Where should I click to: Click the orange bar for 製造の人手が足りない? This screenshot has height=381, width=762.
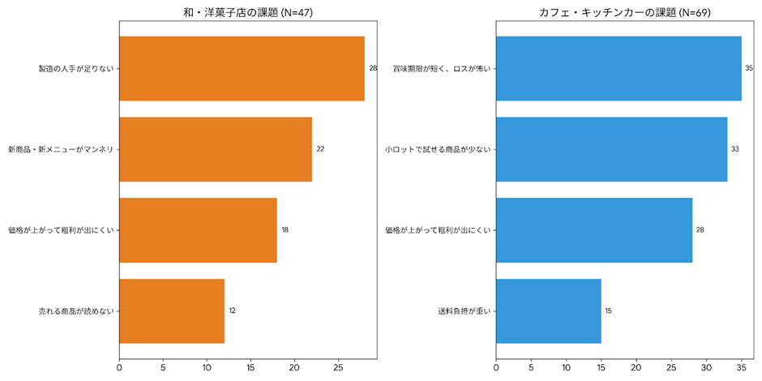(242, 68)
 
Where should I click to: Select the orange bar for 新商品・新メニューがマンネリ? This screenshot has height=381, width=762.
(216, 149)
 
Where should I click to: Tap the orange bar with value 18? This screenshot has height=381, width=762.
(198, 230)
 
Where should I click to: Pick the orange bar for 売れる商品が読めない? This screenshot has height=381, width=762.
(172, 311)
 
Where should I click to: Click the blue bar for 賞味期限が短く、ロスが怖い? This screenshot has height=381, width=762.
(619, 68)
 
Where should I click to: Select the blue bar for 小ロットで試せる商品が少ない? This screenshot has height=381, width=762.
(611, 149)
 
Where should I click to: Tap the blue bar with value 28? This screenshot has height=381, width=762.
(594, 230)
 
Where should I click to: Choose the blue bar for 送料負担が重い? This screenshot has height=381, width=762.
(548, 311)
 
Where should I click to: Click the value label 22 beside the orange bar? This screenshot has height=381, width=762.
(320, 149)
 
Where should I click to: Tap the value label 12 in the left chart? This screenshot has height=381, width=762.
(233, 311)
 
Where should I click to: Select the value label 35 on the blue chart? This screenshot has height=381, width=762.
(749, 68)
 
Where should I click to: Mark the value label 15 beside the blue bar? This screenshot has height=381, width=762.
(608, 311)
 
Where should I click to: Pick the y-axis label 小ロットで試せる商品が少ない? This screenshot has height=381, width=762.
(438, 149)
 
